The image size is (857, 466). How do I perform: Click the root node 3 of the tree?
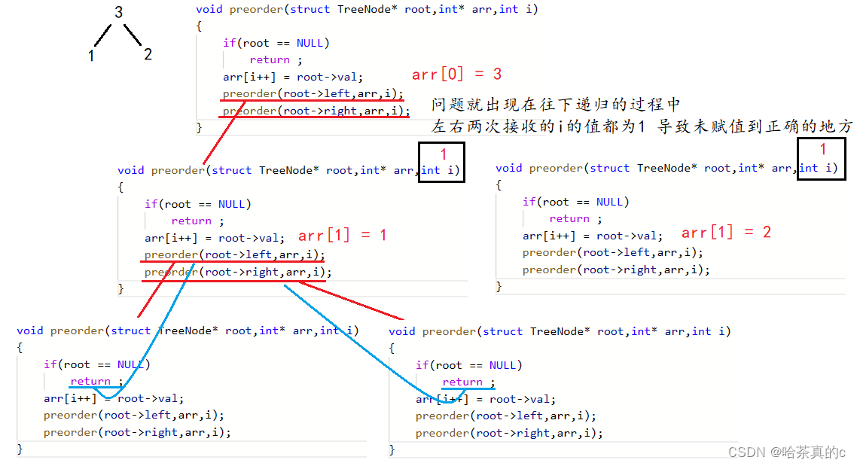[118, 12]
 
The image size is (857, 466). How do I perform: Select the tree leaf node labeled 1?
[91, 56]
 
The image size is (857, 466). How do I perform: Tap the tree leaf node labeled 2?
[148, 54]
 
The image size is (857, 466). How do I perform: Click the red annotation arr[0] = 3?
[456, 74]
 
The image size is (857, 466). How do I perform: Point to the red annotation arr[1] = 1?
[343, 235]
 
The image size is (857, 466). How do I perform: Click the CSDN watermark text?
[787, 452]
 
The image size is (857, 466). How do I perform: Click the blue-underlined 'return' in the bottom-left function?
[90, 382]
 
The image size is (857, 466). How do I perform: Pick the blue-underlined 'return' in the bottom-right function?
[462, 382]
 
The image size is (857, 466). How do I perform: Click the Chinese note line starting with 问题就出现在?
[556, 105]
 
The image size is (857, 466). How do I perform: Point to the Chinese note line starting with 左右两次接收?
[642, 126]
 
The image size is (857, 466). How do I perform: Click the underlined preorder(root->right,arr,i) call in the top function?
[316, 111]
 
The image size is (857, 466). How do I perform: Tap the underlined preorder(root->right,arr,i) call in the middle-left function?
[238, 272]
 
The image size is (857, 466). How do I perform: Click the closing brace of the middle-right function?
[499, 286]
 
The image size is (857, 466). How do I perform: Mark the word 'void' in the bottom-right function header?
[402, 331]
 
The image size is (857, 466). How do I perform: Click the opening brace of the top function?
[199, 26]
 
